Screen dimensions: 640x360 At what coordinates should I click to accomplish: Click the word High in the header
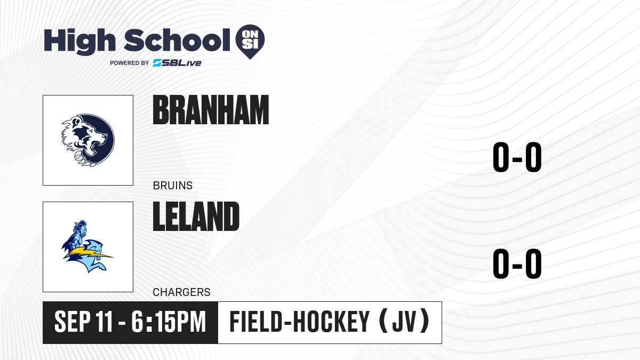click(x=79, y=42)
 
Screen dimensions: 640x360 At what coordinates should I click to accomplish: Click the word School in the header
click(x=177, y=40)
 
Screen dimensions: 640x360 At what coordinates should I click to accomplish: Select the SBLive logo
click(x=177, y=63)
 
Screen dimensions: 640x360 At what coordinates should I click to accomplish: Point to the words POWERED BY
click(x=130, y=63)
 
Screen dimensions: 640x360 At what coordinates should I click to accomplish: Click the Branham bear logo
click(x=88, y=140)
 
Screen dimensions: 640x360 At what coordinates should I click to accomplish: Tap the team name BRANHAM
click(x=211, y=110)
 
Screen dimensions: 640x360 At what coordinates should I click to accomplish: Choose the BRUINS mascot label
click(x=173, y=186)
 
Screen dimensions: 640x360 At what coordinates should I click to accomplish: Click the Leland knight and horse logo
click(x=87, y=246)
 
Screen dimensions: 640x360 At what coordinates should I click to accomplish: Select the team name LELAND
click(x=196, y=217)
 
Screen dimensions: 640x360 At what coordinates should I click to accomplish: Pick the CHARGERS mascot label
click(x=182, y=292)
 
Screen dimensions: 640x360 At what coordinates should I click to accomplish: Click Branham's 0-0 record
click(x=517, y=157)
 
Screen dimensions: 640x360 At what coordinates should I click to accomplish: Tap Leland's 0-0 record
click(x=517, y=263)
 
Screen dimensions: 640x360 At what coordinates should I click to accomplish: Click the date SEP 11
click(x=83, y=322)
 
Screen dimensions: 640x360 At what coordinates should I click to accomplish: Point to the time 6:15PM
click(x=169, y=322)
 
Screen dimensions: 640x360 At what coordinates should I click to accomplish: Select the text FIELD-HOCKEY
click(x=299, y=322)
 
